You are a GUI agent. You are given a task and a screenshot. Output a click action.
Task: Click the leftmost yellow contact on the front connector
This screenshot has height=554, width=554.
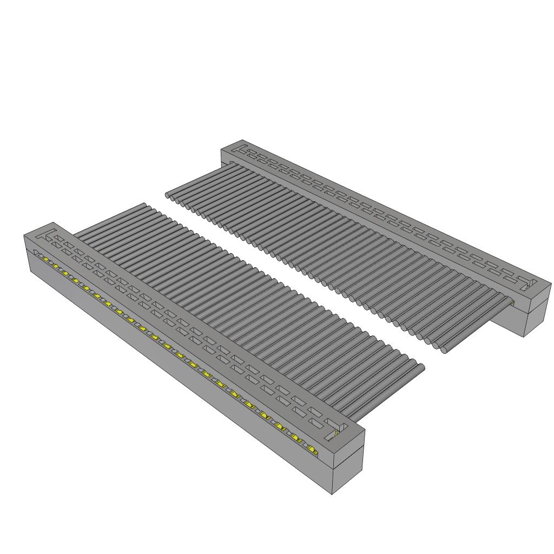click(46, 260)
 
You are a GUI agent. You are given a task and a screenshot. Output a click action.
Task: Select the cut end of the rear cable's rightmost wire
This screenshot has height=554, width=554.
click(444, 349)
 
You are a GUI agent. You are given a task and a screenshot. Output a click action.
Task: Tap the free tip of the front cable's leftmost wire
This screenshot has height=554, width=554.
click(144, 205)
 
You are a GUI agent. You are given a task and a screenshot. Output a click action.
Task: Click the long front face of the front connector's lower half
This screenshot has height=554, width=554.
click(179, 379)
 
